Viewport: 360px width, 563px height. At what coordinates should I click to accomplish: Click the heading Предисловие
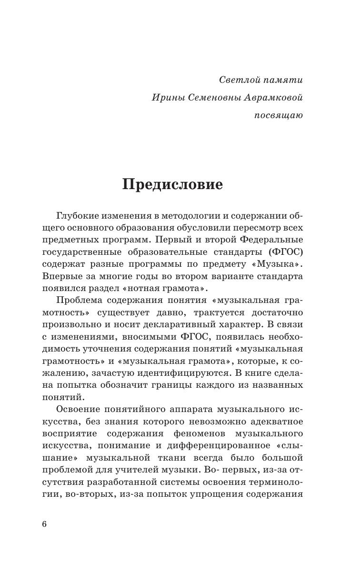172,184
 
